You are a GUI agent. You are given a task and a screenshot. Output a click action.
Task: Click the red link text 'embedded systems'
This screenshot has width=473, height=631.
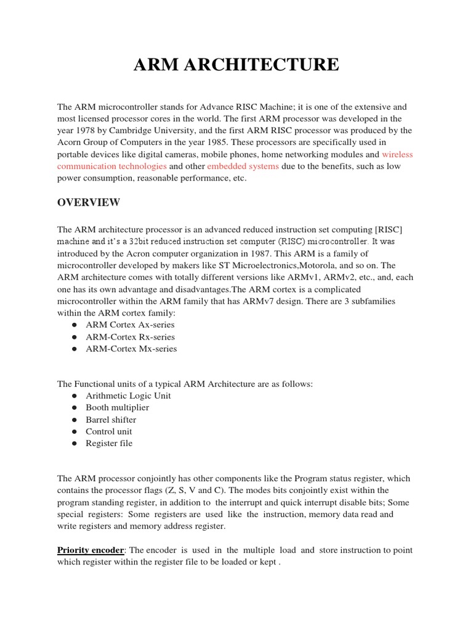click(243, 166)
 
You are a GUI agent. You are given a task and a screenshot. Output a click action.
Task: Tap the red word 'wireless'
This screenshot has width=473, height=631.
click(397, 155)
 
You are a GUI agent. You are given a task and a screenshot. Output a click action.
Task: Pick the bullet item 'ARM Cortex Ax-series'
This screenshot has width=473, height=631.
click(130, 325)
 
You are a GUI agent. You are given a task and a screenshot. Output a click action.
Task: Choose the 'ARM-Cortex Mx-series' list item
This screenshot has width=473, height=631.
click(131, 349)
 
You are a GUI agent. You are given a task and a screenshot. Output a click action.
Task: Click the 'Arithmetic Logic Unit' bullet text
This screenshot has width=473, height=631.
click(128, 396)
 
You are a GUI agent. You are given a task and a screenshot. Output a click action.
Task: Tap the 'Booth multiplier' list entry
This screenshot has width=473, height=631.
click(117, 407)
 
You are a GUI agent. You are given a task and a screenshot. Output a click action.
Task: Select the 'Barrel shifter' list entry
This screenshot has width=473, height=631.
click(111, 420)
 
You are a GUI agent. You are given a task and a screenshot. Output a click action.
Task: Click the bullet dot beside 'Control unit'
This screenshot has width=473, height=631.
click(73, 431)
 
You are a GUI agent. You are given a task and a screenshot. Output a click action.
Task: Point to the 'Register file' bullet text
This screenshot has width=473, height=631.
click(109, 443)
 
